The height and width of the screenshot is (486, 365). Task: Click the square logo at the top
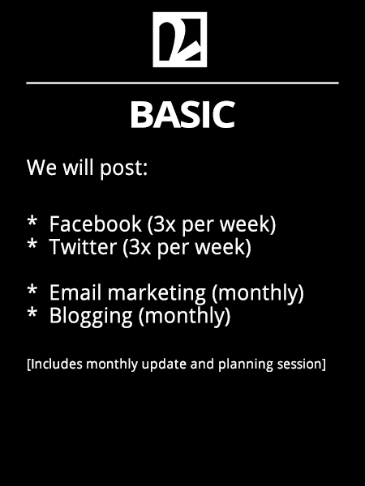coord(180,40)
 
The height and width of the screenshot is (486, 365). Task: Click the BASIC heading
coord(182,115)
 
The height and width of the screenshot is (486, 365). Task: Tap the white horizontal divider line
coord(182,83)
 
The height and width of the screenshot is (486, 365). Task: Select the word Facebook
coord(95,224)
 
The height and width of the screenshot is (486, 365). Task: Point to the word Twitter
coord(83,247)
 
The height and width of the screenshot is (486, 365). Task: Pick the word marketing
coord(157,293)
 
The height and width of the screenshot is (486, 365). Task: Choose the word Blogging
coord(91,317)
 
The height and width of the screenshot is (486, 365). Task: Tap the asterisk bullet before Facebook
coord(32,221)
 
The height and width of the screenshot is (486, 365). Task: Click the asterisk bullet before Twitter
coord(32,245)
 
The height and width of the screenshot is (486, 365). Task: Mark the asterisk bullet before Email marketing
coord(32,290)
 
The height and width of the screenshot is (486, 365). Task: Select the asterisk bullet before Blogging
coord(32,313)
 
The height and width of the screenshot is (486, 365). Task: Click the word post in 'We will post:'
coord(123,168)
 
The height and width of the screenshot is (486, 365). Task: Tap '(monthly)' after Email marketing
coord(258,293)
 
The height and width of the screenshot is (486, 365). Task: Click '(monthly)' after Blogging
coord(185,317)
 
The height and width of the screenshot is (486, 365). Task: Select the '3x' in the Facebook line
coord(165,224)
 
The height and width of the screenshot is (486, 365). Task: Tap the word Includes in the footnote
coord(57,364)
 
